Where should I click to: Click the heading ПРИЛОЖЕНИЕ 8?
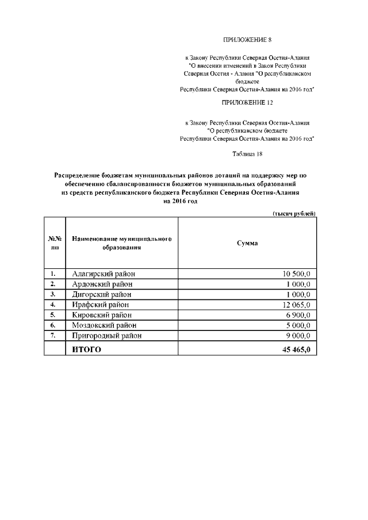[x=246, y=40]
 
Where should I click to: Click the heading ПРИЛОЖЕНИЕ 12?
[x=247, y=103]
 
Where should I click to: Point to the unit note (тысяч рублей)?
[x=294, y=213]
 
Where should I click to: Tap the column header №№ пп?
[x=55, y=243]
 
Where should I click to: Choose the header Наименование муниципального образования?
[x=122, y=243]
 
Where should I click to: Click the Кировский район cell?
[x=102, y=315]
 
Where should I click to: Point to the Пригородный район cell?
[x=106, y=336]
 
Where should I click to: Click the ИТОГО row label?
[x=86, y=349]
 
